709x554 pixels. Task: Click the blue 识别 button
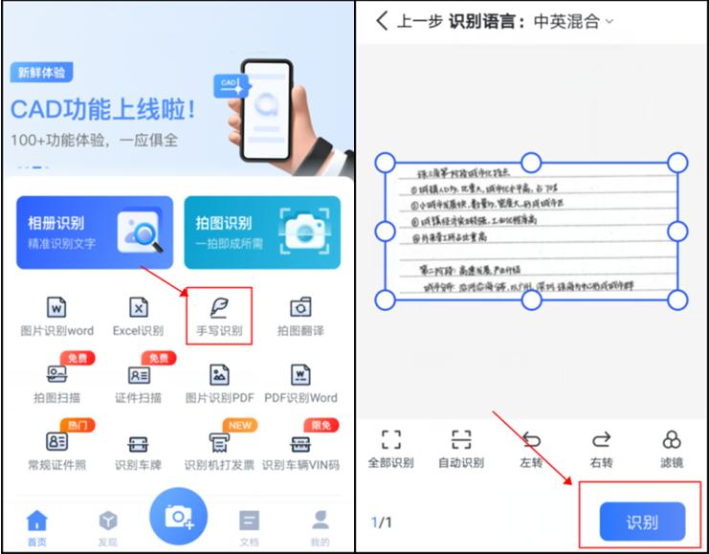642,522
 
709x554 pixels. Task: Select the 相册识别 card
95,233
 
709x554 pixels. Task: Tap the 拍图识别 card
262,233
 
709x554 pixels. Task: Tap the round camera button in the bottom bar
178,516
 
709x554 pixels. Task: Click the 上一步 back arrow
383,20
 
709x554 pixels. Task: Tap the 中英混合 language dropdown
573,20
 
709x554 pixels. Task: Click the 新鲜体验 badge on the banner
43,73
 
